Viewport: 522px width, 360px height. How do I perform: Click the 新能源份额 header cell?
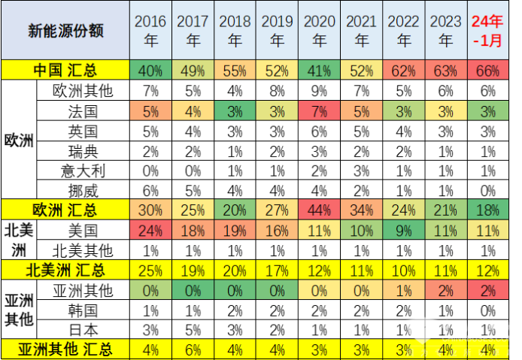click(x=65, y=31)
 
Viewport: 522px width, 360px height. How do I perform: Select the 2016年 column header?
click(x=150, y=31)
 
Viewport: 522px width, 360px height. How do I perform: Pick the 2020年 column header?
click(x=319, y=31)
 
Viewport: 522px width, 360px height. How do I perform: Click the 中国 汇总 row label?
click(x=65, y=71)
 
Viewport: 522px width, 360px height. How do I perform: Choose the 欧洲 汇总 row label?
click(x=65, y=209)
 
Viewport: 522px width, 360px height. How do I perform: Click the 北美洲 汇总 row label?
click(x=65, y=268)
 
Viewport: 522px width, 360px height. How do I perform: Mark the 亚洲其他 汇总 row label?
click(x=65, y=348)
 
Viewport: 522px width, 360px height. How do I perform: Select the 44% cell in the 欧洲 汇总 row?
click(x=319, y=209)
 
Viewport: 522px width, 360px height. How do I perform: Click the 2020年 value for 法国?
click(x=319, y=111)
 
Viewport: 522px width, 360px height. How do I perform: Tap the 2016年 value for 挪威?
click(x=150, y=189)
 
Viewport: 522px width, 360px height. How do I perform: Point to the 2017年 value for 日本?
click(x=193, y=328)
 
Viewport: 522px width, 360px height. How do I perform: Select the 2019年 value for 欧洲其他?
click(x=277, y=91)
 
